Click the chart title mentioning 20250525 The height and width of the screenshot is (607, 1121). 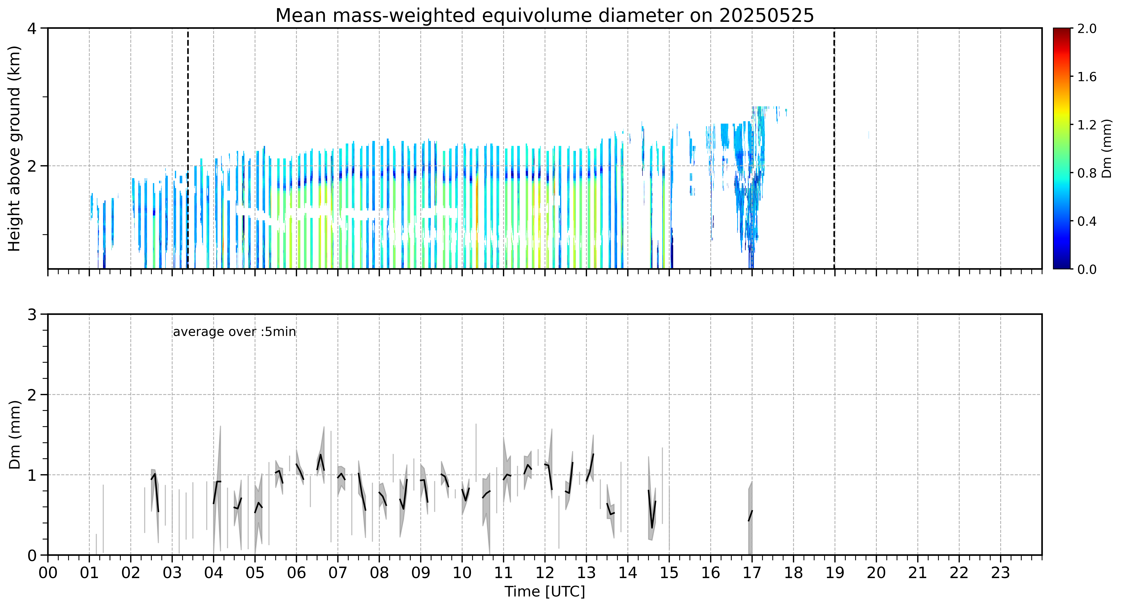click(x=544, y=16)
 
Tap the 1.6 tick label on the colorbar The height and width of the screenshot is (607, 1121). click(x=1087, y=77)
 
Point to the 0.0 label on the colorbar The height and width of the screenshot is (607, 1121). click(x=1087, y=269)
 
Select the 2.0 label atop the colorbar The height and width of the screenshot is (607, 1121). click(x=1087, y=29)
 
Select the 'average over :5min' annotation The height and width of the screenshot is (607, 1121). click(x=234, y=332)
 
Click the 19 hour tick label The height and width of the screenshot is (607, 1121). click(x=834, y=573)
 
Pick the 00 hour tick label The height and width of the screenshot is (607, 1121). click(x=48, y=573)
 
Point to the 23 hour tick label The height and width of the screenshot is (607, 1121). click(x=1000, y=573)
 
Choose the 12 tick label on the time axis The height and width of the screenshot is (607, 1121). click(x=545, y=573)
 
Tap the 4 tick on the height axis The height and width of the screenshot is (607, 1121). click(x=32, y=28)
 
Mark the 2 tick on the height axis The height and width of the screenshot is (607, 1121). click(x=32, y=166)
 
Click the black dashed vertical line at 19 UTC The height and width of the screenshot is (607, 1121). click(x=834, y=148)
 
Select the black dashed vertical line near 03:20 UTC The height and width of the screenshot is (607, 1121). click(x=188, y=148)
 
